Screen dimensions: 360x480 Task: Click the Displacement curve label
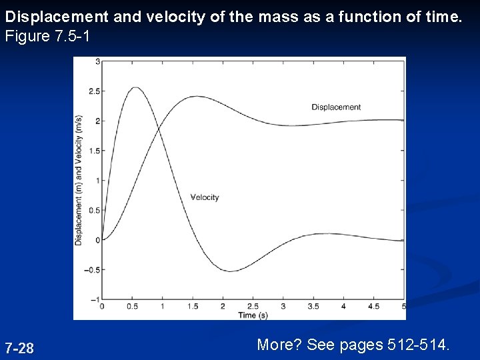336,107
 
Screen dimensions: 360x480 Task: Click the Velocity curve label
205,197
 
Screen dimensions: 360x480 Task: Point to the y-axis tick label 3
97,61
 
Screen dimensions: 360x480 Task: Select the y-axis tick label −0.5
93,270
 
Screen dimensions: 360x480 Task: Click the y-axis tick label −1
95,299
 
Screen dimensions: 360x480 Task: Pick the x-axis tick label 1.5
193,307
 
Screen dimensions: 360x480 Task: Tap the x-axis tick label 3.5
313,307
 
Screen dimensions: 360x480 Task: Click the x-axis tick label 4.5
374,307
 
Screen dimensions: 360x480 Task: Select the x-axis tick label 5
404,307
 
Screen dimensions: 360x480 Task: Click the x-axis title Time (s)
253,315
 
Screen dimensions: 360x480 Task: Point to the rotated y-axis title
79,180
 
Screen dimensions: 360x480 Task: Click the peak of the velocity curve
135,87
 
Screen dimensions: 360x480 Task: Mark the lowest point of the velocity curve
229,271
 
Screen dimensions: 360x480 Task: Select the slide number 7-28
19,348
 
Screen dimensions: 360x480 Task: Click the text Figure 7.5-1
47,36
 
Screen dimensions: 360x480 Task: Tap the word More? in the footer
279,345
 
